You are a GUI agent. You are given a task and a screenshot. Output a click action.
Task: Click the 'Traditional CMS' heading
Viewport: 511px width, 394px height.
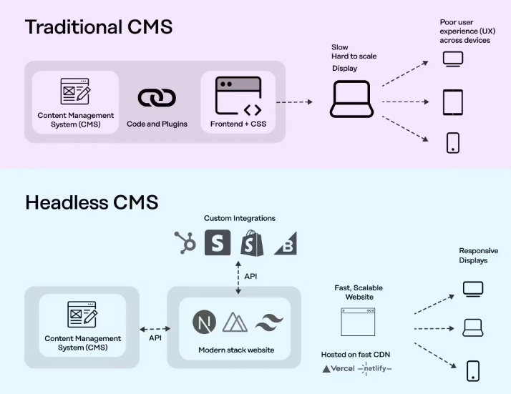click(x=99, y=28)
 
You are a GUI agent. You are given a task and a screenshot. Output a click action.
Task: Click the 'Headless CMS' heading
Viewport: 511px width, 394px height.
click(x=92, y=202)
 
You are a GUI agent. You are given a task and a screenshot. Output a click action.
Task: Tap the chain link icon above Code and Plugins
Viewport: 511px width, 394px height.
click(x=157, y=98)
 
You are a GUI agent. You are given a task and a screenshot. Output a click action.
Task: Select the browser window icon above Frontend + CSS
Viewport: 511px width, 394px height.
click(x=238, y=97)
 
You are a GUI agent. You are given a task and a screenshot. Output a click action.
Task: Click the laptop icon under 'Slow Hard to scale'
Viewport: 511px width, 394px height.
click(x=350, y=99)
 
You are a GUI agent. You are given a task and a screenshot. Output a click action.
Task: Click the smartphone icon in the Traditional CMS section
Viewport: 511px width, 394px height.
click(x=452, y=142)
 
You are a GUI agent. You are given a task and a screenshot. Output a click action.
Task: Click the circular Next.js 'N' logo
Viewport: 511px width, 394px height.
click(x=204, y=322)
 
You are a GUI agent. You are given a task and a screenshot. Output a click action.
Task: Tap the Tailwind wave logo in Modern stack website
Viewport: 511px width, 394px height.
click(x=269, y=322)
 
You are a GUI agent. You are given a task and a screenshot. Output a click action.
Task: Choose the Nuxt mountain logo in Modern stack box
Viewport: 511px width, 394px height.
click(x=235, y=322)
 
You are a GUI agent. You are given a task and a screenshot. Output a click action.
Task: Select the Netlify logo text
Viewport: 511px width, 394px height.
click(x=375, y=369)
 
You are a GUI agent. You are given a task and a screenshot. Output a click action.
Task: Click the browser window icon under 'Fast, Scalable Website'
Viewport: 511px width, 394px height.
click(x=358, y=322)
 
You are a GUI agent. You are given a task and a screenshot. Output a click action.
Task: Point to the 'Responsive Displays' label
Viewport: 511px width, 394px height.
click(x=478, y=255)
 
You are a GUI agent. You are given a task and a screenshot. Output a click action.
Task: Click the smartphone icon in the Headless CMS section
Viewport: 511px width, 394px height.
click(x=472, y=370)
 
